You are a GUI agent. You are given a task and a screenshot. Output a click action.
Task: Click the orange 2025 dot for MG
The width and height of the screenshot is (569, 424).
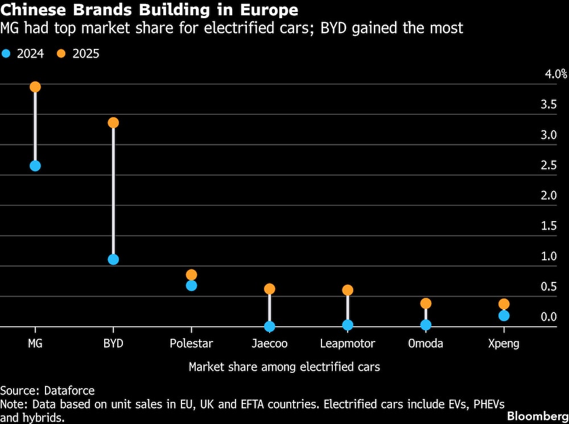(x=35, y=87)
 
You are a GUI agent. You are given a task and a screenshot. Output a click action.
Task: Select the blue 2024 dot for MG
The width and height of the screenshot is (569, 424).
(x=35, y=166)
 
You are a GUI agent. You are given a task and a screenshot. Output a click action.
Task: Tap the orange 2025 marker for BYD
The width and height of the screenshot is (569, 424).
(x=113, y=123)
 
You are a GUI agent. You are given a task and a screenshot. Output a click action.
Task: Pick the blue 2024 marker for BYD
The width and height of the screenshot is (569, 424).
(x=113, y=259)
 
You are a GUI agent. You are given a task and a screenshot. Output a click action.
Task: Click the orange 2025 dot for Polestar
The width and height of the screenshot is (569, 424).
(x=191, y=275)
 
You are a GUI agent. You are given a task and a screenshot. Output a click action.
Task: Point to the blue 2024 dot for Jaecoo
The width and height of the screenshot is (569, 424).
(x=269, y=326)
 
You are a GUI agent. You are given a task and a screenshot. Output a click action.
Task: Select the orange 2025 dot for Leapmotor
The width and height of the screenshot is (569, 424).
(x=348, y=290)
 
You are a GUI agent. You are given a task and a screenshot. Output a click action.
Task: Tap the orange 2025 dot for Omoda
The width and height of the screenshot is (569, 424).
(x=426, y=304)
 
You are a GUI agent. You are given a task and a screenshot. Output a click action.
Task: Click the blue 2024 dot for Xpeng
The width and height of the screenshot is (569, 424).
(x=504, y=315)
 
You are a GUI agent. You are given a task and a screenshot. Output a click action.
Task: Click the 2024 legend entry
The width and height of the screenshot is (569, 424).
(x=23, y=55)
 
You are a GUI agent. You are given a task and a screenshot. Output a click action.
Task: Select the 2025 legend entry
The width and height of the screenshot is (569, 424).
(x=79, y=55)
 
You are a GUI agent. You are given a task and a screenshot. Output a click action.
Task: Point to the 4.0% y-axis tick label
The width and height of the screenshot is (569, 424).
(x=556, y=74)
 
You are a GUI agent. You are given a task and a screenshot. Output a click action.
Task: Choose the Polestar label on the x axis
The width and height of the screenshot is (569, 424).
(x=191, y=343)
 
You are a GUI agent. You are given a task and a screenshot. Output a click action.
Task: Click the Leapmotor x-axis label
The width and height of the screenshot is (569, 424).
(x=348, y=343)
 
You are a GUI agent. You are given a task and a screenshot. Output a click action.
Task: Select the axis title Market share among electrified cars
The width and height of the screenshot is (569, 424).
(x=284, y=367)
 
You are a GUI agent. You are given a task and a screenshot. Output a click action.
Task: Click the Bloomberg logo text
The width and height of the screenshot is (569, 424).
(x=537, y=415)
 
